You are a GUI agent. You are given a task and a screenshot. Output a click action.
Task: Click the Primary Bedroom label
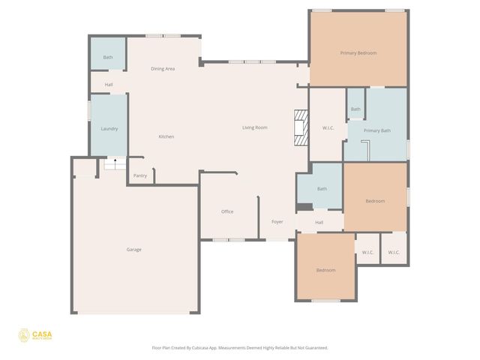pos(358,53)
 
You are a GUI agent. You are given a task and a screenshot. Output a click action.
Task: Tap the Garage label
pos(133,250)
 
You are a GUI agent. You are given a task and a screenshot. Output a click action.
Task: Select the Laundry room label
pos(109,129)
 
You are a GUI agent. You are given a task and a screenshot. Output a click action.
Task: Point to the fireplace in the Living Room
pos(300,127)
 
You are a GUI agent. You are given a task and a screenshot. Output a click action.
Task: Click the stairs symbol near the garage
pos(115,163)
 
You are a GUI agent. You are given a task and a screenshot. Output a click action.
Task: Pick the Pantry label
pos(140,176)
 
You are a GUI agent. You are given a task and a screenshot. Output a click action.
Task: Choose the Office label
pos(227,211)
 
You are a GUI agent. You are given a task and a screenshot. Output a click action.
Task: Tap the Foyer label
pos(277,223)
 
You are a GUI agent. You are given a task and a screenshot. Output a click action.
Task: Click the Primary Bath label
pos(377,131)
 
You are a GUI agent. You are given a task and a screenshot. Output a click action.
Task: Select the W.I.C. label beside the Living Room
pos(328,128)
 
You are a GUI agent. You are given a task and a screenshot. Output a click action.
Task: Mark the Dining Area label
pos(163,69)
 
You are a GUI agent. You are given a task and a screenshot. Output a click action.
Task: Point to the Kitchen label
pos(166,136)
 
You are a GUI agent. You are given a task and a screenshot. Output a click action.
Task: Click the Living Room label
pos(255,127)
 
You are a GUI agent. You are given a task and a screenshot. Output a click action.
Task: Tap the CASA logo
pos(36,335)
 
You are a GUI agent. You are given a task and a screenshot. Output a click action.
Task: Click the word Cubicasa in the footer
pos(212,348)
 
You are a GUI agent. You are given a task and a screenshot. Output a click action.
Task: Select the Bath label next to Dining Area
pos(108,58)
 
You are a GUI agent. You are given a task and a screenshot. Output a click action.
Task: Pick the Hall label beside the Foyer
pos(319,223)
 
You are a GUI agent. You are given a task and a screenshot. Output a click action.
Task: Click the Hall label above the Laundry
pos(109,85)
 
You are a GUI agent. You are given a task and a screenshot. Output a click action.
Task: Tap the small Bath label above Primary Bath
pos(355,109)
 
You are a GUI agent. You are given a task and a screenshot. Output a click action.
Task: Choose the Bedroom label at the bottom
pos(325,270)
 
